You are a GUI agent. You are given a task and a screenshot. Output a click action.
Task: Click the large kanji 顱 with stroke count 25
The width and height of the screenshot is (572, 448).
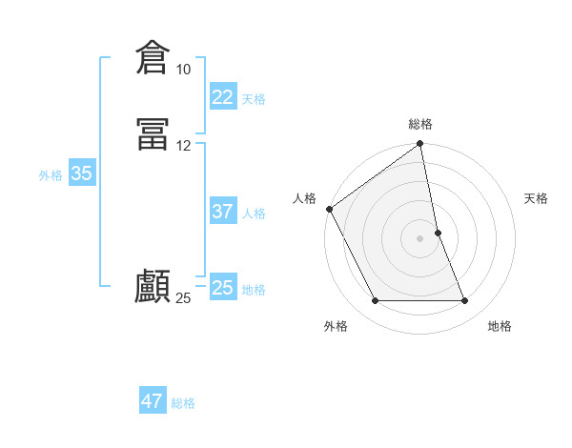153,286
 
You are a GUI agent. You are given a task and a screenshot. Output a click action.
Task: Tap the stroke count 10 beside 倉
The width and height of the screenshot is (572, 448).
183,70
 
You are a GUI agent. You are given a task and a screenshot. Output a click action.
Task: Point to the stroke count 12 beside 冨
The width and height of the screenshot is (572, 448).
183,146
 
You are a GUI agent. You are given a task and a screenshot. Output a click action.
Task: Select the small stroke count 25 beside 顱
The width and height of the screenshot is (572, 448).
183,298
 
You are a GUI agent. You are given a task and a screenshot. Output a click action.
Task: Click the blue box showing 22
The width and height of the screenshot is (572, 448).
222,97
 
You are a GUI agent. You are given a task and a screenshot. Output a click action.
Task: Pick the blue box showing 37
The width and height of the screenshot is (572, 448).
222,212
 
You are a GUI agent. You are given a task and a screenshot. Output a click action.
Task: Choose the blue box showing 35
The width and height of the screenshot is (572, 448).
81,173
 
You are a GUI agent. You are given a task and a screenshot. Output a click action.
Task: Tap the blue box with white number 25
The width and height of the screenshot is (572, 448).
222,288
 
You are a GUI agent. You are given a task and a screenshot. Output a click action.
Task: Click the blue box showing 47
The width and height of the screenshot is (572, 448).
152,401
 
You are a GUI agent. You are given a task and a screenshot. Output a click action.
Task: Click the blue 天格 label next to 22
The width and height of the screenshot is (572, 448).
254,99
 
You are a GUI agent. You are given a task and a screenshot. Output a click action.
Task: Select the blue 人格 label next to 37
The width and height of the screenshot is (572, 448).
254,214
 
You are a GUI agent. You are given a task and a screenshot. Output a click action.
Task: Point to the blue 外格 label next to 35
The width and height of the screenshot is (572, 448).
51,175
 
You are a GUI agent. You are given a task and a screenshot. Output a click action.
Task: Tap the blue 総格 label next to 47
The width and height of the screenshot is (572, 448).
183,403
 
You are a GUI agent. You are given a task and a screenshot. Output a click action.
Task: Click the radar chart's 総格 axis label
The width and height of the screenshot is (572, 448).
420,124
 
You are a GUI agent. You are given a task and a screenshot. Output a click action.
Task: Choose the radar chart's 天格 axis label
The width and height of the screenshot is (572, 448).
537,198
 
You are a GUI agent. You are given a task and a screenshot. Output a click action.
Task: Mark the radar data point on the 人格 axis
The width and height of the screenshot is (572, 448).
329,209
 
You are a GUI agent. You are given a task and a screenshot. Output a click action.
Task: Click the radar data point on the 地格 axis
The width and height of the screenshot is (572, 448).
465,301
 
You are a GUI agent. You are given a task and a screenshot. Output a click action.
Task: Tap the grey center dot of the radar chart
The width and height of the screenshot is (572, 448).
420,238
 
